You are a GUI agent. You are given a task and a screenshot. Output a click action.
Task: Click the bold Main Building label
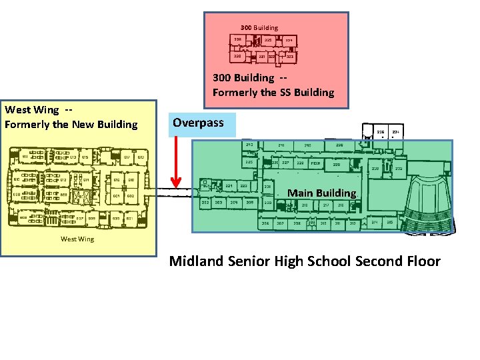[321, 193]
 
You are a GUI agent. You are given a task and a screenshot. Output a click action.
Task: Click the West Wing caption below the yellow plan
[77, 239]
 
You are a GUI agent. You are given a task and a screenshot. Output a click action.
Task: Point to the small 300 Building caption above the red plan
[259, 27]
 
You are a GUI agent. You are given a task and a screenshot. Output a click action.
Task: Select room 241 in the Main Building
[281, 145]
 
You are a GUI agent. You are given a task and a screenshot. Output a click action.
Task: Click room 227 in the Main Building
[286, 162]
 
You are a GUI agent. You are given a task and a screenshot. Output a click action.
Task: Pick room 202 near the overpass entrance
[206, 202]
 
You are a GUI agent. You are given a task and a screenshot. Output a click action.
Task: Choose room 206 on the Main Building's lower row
[265, 223]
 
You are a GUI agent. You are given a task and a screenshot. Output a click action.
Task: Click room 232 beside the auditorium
[399, 169]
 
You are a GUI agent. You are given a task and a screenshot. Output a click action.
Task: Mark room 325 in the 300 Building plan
[268, 41]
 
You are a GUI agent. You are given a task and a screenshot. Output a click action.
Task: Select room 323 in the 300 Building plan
[290, 57]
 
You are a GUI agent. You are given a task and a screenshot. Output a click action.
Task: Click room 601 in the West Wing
[116, 196]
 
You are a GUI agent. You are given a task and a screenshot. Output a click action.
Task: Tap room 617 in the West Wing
[127, 157]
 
